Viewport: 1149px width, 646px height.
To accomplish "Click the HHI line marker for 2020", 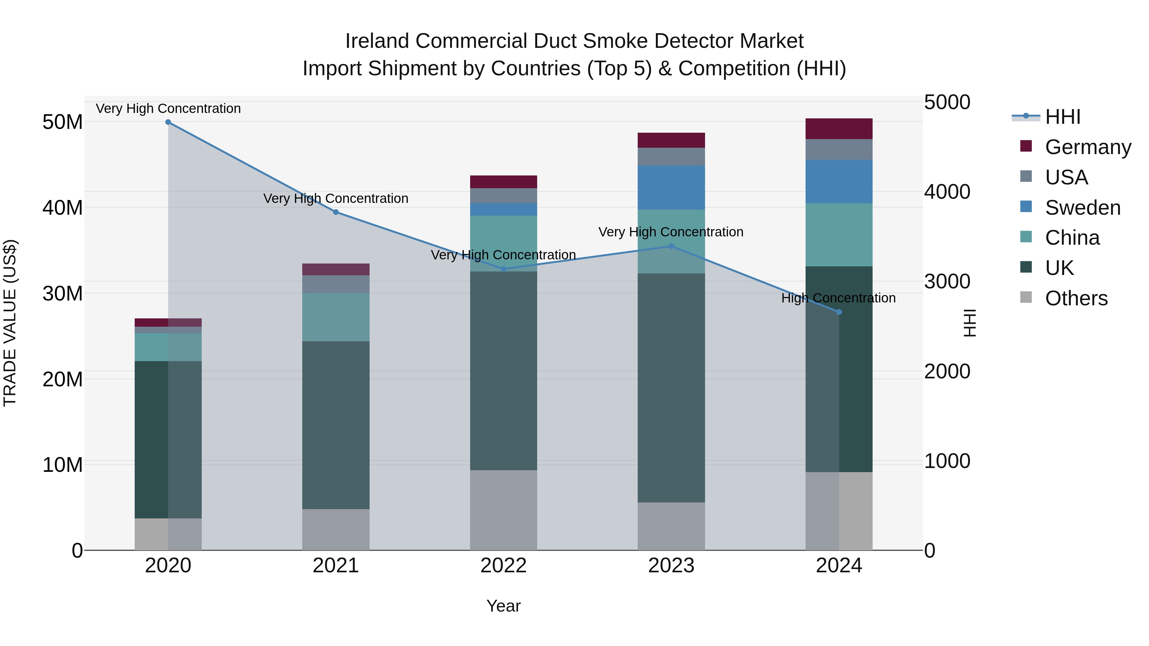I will pos(168,122).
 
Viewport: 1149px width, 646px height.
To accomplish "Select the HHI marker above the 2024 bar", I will pos(839,312).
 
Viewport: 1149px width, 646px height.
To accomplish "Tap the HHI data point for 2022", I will pos(504,269).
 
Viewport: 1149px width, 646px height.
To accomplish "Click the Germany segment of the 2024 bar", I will pos(839,129).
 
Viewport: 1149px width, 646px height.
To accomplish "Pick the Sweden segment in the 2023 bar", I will pos(671,188).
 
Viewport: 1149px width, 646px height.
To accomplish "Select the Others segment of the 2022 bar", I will pos(504,510).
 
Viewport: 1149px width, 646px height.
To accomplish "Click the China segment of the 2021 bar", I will pos(336,317).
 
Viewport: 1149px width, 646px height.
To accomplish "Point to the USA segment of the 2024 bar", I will pos(839,150).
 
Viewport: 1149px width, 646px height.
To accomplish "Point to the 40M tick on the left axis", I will pos(63,208).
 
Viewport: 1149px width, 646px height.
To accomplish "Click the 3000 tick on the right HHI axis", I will pos(947,282).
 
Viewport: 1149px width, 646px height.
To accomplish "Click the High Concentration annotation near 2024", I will pos(838,298).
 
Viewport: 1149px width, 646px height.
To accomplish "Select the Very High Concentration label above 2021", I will pos(336,198).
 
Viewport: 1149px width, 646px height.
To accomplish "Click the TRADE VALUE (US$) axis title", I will pos(10,323).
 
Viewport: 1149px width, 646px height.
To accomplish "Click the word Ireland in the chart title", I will pos(377,41).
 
